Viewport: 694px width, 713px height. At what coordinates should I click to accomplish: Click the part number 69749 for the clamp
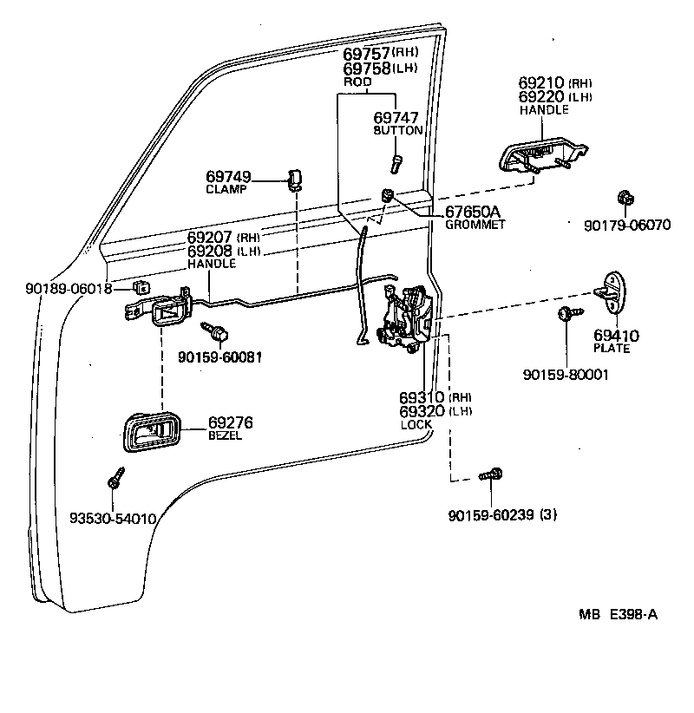pyautogui.click(x=227, y=177)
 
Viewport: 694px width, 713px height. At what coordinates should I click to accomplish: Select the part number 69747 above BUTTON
pyautogui.click(x=396, y=117)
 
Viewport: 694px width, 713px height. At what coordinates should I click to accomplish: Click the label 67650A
pyautogui.click(x=473, y=212)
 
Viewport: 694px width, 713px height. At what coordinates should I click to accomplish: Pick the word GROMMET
pyautogui.click(x=475, y=225)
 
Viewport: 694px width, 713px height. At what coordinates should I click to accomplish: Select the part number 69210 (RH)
pyautogui.click(x=543, y=83)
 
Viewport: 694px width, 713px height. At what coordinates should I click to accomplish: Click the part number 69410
pyautogui.click(x=616, y=335)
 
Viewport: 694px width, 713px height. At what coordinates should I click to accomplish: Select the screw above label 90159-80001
pyautogui.click(x=566, y=314)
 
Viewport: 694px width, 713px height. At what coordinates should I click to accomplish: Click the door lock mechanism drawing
pyautogui.click(x=406, y=317)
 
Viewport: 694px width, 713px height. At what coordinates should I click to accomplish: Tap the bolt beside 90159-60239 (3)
pyautogui.click(x=491, y=475)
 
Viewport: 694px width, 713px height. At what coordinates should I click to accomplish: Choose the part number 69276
pyautogui.click(x=230, y=423)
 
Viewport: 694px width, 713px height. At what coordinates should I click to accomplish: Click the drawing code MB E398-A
pyautogui.click(x=618, y=615)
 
